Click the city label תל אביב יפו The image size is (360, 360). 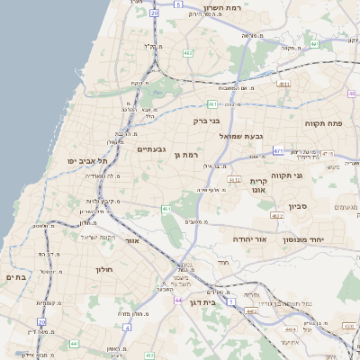coord(82,160)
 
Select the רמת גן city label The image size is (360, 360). coord(186,155)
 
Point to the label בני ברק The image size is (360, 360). coord(206,120)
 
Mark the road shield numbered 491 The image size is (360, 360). coord(314,43)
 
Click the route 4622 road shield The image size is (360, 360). coord(276,216)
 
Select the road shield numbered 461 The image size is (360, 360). coord(166,210)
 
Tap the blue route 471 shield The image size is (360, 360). coord(278,151)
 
